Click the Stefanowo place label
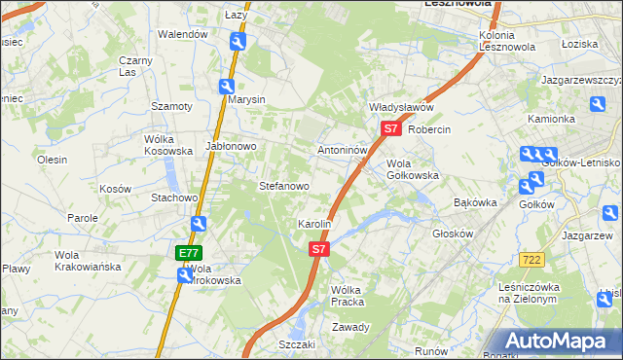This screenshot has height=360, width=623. pyautogui.click(x=283, y=186)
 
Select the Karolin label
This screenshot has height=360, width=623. pyautogui.click(x=314, y=224)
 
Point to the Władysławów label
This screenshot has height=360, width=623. pyautogui.click(x=400, y=107)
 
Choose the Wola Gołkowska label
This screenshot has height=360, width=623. pyautogui.click(x=413, y=169)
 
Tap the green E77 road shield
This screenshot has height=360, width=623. pyautogui.click(x=189, y=253)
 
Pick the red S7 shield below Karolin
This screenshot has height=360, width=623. pyautogui.click(x=319, y=250)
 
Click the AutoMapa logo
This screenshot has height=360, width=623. pyautogui.click(x=560, y=341)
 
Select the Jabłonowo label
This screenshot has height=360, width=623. pyautogui.click(x=230, y=146)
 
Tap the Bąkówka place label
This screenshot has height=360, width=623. pyautogui.click(x=476, y=203)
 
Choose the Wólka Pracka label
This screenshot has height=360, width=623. pyautogui.click(x=347, y=295)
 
